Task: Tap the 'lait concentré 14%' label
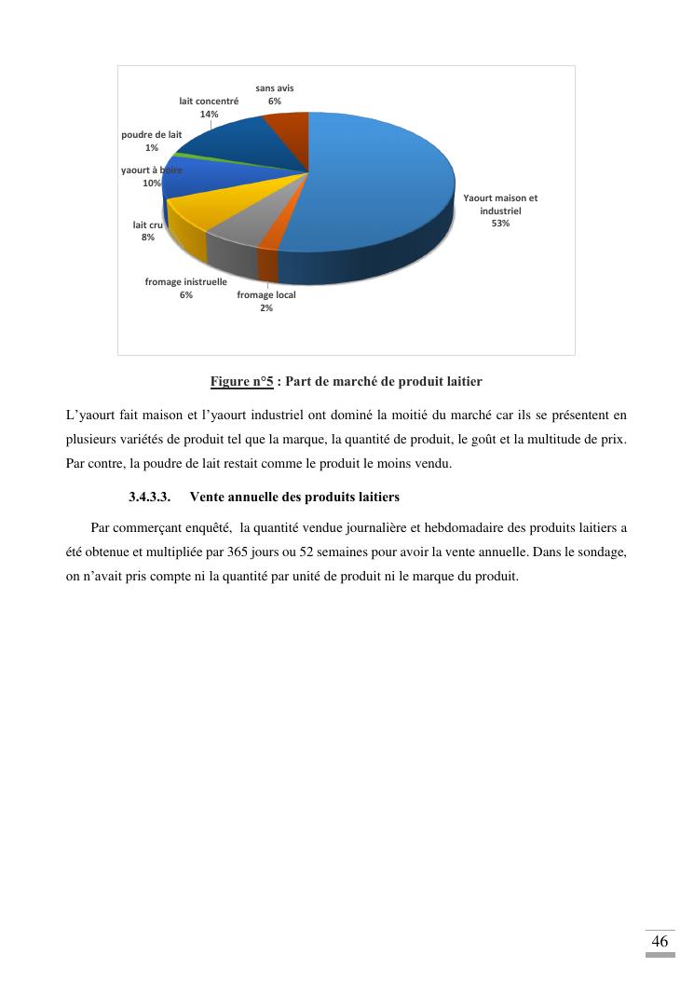(209, 107)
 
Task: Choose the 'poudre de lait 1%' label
(151, 141)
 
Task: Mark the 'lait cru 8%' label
(147, 231)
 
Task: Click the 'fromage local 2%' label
(266, 301)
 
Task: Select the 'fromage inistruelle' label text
(185, 281)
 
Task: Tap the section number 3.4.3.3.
(149, 497)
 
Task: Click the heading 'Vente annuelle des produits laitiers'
(294, 497)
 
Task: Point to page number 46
(660, 941)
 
